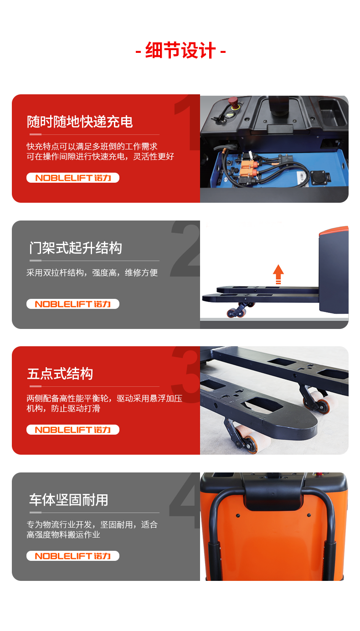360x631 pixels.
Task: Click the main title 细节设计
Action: click(180, 51)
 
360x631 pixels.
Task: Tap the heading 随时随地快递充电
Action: click(80, 122)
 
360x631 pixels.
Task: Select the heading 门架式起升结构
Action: click(76, 248)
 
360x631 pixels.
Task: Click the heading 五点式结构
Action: click(60, 374)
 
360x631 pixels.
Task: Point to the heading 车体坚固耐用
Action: click(69, 500)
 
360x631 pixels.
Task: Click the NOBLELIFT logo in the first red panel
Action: click(73, 178)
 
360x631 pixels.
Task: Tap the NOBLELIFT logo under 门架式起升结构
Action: click(73, 304)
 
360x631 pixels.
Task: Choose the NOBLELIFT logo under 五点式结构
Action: click(73, 430)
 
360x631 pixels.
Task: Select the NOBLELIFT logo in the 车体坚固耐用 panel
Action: click(73, 556)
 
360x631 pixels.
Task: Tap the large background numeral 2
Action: click(185, 248)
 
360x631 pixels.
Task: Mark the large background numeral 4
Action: click(185, 501)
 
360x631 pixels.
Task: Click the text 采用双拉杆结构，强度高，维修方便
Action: click(92, 273)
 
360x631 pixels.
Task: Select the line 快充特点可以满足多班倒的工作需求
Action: click(92, 146)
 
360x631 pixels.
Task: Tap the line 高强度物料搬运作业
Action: click(63, 535)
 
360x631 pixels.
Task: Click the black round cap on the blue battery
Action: click(319, 178)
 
